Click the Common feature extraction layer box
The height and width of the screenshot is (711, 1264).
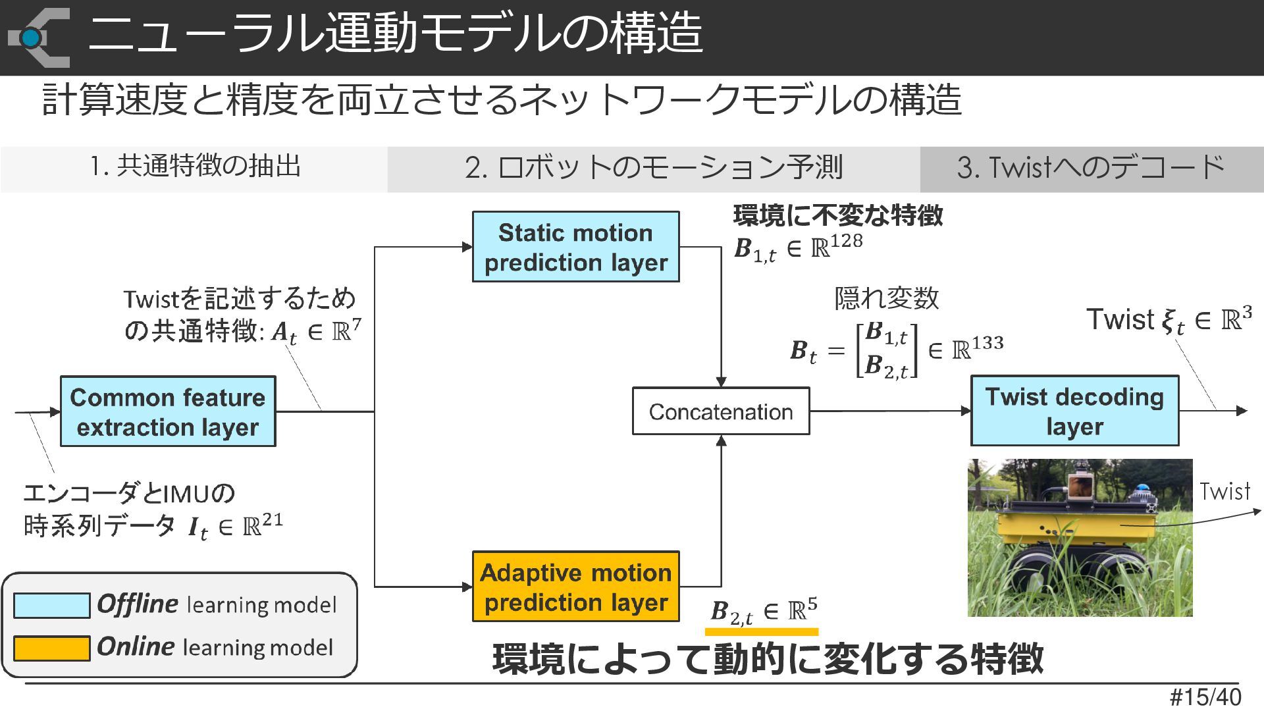[x=168, y=411]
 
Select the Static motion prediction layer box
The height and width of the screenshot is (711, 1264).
[x=576, y=247]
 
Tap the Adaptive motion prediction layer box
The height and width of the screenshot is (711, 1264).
[x=576, y=587]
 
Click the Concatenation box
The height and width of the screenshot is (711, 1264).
[x=721, y=411]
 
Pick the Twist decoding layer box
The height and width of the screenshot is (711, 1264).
[x=1075, y=411]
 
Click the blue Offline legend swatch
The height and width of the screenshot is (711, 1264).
[x=52, y=606]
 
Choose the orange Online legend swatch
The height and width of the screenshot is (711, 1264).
[x=52, y=648]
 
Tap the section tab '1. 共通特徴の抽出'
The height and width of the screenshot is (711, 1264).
[x=195, y=167]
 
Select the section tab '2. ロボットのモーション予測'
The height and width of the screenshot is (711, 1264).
[x=654, y=168]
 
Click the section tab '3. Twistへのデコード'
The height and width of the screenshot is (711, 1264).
[x=1091, y=168]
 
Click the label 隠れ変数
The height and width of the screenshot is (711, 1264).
[x=886, y=298]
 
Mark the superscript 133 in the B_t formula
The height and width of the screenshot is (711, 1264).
[x=987, y=343]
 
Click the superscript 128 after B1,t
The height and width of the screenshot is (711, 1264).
[x=846, y=241]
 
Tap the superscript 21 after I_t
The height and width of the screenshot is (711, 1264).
[x=272, y=520]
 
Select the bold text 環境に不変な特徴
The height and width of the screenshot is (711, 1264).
[x=838, y=215]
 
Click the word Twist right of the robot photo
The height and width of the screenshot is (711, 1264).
[x=1224, y=492]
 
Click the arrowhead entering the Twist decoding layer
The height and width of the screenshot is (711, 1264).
[x=966, y=411]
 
